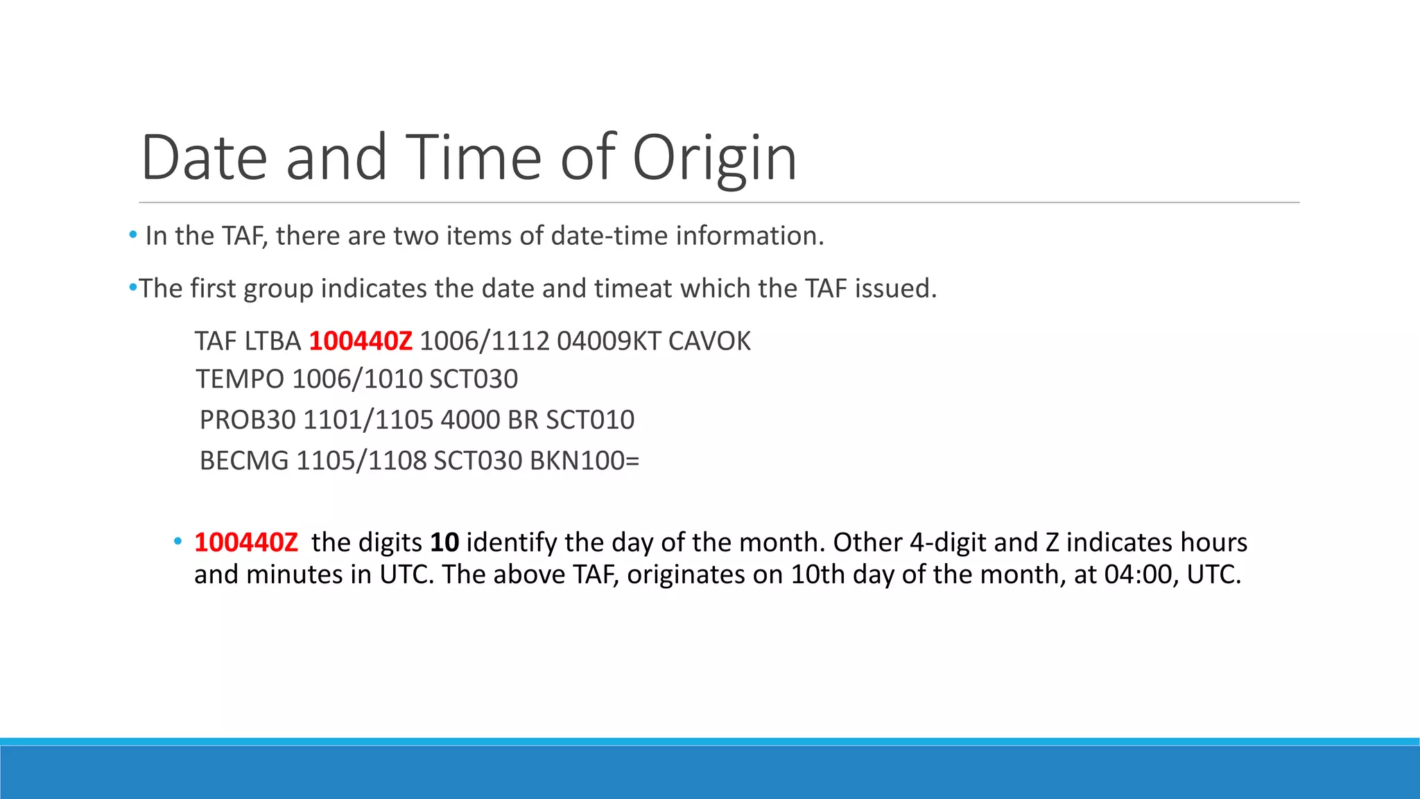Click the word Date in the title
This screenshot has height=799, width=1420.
204,158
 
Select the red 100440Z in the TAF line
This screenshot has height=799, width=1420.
361,341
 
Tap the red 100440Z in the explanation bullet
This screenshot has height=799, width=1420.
246,542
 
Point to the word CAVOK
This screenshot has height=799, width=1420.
709,341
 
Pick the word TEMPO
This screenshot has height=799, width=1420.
240,379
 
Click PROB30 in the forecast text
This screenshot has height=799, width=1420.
248,420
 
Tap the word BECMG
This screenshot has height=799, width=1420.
244,461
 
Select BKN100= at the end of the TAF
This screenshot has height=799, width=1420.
585,461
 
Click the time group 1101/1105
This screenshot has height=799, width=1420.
368,420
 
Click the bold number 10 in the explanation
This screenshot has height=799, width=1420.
444,542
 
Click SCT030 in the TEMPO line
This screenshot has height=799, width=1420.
474,379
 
